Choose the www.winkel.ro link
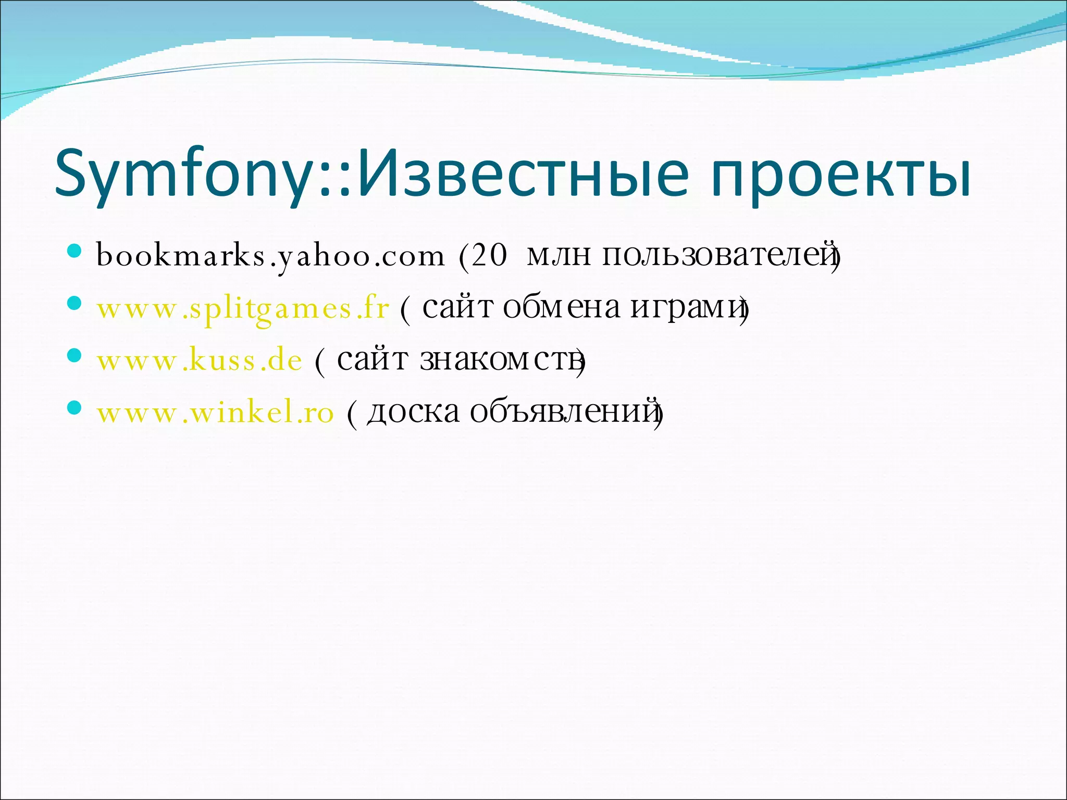(215, 413)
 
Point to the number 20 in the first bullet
(489, 255)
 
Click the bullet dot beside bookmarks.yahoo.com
(75, 252)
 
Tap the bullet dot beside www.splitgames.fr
(75, 304)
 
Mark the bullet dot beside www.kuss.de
(75, 356)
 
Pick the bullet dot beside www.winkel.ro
(75, 408)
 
